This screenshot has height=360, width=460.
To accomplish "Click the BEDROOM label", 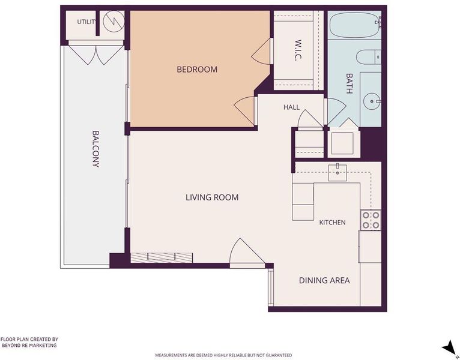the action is (197, 70).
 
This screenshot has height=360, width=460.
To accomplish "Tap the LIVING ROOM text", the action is (212, 197).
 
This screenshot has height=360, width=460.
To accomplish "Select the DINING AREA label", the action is (324, 280).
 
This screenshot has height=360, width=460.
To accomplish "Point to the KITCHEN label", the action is (332, 223).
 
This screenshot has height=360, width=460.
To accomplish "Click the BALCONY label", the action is (95, 149).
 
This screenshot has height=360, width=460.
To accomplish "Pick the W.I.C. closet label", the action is (297, 50).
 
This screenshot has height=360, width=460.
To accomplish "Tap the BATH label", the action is (349, 83).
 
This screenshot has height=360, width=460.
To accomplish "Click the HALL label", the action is (292, 107).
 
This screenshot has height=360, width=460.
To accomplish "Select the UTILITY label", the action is (86, 22).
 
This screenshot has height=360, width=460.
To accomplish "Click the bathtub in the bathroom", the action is (356, 25).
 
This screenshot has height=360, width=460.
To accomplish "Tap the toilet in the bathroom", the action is (369, 57).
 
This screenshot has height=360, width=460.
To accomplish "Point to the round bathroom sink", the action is (372, 101).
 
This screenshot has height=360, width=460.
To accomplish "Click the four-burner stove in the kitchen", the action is (371, 220).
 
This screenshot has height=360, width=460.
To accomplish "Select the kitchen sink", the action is (337, 173).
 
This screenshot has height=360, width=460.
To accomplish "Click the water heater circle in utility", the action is (114, 22).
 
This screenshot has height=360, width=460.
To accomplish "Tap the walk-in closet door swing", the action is (261, 52).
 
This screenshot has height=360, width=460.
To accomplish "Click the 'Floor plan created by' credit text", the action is (29, 343).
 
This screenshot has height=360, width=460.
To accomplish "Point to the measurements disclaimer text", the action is (223, 355).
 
